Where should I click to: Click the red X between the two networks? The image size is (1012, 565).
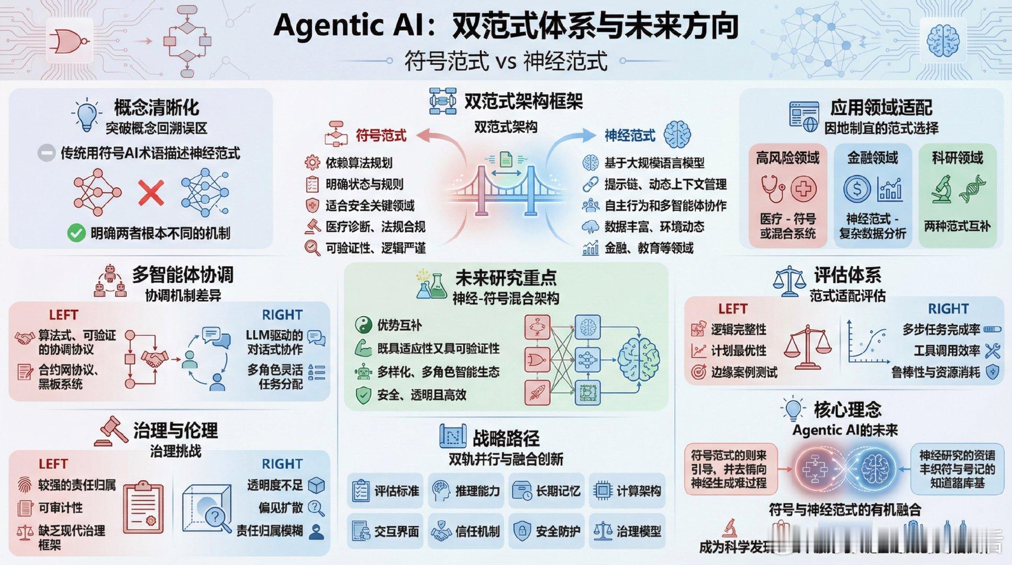[x=151, y=193]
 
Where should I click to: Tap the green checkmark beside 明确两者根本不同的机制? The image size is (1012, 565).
[x=76, y=233]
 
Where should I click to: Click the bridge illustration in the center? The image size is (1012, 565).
[x=506, y=191]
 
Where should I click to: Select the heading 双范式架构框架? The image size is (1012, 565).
[x=523, y=101]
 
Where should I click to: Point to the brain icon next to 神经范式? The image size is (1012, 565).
[x=677, y=135]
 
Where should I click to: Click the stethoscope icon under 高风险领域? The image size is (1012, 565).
[x=772, y=189]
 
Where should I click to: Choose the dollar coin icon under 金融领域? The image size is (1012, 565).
[x=857, y=189]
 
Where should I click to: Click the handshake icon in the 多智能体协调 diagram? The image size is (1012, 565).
[x=154, y=359]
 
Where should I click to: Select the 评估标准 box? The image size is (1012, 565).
[x=385, y=491]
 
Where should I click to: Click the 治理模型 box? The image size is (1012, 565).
[x=627, y=532]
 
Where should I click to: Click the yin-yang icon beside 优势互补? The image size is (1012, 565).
[x=363, y=325]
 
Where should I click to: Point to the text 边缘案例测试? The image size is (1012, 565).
[x=744, y=372]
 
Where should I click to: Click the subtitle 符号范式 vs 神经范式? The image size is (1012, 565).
[x=506, y=61]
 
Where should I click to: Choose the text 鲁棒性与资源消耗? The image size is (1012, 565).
[x=936, y=372]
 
